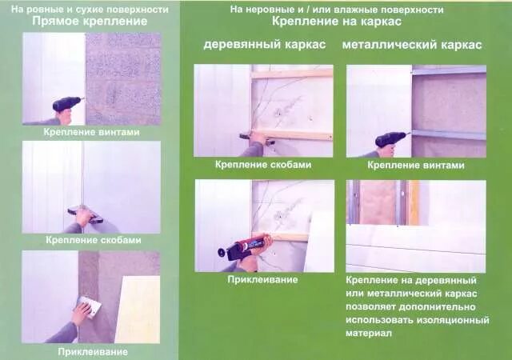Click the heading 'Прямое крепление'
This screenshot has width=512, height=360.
pos(90,21)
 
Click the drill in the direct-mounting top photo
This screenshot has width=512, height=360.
pos(67,104)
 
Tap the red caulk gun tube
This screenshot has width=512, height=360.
pos(250,242)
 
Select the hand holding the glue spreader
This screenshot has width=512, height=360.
pos(80,312)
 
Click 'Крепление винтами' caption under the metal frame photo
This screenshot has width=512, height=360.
pos(415,166)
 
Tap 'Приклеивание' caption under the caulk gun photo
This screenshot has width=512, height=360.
pos(251,279)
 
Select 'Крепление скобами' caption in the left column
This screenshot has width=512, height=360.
pos(93,239)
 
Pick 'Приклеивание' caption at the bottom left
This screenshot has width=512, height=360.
pos(92,351)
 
